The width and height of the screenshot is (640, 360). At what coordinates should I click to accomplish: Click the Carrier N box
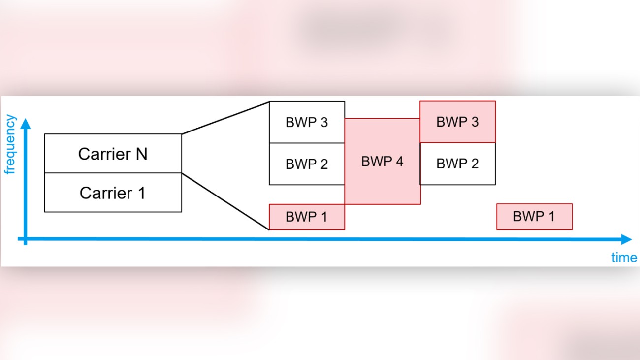113,154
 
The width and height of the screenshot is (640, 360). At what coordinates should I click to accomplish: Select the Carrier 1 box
113,193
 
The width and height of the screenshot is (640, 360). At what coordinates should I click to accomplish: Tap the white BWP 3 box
307,122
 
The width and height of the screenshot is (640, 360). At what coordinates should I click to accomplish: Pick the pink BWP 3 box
457,122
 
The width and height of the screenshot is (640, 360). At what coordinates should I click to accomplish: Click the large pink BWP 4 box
382,162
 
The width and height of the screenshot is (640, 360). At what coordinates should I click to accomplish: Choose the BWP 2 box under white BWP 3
307,164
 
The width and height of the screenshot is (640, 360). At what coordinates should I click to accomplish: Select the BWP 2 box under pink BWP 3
457,164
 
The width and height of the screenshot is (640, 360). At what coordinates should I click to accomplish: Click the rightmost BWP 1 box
534,217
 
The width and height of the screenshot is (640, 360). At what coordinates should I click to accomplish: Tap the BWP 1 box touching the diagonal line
307,217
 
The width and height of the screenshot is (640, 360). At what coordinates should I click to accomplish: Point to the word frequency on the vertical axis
10,145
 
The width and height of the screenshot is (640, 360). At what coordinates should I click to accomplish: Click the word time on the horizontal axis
624,257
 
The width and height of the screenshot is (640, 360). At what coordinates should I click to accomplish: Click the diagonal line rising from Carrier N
225,118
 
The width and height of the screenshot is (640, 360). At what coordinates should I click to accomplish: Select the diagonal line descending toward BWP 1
225,201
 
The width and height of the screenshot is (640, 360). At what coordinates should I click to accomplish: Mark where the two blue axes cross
25,239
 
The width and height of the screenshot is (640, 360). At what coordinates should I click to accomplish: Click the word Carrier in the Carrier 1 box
104,193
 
